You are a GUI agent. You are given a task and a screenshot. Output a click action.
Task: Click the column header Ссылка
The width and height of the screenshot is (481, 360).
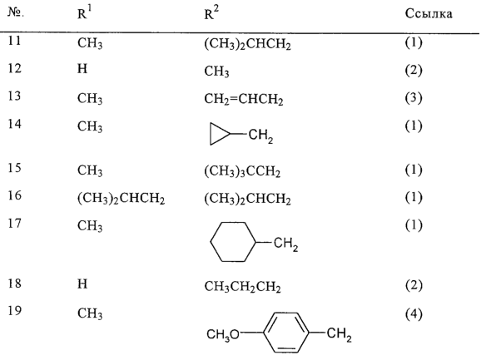(x=429, y=14)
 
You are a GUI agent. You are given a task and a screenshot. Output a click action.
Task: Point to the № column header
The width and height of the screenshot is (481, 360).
(x=16, y=12)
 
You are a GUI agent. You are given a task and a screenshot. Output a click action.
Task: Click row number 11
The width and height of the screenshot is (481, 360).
(x=14, y=40)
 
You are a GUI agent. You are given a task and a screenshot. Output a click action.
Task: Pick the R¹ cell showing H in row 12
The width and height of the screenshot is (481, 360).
(x=82, y=68)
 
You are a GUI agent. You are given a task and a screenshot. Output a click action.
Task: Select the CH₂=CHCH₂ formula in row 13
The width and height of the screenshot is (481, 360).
(x=244, y=99)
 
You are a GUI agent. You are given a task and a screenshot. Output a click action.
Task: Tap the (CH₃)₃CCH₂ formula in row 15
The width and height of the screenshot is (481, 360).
(x=242, y=171)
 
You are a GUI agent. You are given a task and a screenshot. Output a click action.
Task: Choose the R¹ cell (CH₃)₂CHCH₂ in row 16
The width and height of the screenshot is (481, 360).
(x=121, y=199)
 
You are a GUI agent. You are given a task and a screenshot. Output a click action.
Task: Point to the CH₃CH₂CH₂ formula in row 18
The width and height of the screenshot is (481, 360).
(x=242, y=287)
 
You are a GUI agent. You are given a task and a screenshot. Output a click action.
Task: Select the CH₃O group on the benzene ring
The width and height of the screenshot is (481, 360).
(x=223, y=334)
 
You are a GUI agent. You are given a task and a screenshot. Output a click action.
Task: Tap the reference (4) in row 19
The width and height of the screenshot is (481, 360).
(x=414, y=314)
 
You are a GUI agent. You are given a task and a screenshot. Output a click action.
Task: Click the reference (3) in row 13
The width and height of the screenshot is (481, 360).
(x=414, y=98)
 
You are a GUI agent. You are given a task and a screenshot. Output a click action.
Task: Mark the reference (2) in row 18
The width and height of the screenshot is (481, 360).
(x=414, y=285)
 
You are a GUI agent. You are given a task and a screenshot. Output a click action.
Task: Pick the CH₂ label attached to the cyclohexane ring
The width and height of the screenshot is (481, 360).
(x=285, y=244)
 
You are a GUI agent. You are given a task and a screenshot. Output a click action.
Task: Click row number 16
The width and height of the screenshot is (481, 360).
(x=14, y=195)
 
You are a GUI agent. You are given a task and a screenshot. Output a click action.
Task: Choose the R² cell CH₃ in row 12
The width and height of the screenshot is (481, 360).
(x=216, y=72)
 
